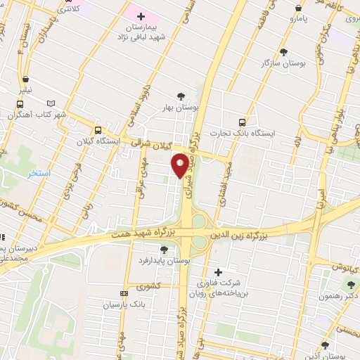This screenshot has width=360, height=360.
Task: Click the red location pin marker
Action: tap(180, 165)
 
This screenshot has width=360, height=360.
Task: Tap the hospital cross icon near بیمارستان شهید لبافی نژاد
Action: tap(141, 15)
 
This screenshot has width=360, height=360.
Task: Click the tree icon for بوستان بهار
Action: tap(181, 96)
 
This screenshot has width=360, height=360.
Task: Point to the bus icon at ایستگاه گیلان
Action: tap(98, 130)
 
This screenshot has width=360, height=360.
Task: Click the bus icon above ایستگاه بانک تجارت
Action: tap(243, 122)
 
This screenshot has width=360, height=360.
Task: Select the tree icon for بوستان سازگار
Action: tap(283, 52)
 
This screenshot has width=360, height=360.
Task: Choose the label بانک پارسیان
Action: tap(124, 304)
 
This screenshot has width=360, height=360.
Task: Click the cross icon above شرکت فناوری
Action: tap(218, 272)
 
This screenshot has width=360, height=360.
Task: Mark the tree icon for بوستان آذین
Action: tap(324, 345)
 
